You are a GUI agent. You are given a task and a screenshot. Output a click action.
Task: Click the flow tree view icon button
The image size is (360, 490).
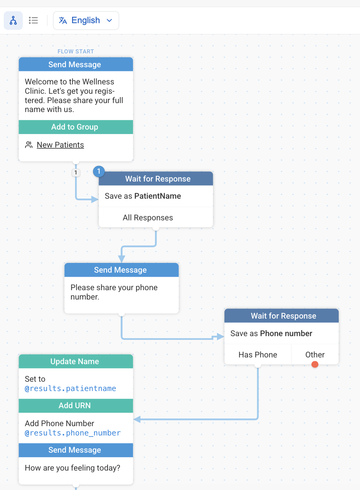[x=13, y=20]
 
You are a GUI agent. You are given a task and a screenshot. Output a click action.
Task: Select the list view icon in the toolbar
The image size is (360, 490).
[x=33, y=20]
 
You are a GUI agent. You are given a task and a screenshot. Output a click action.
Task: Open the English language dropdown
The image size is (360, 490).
[x=86, y=20]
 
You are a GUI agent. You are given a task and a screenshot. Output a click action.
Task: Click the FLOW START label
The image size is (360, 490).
[x=76, y=52]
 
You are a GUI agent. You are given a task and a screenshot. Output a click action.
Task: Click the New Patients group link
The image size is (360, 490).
[x=60, y=145]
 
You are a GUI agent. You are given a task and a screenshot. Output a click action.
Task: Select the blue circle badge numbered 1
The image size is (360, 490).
[x=99, y=171]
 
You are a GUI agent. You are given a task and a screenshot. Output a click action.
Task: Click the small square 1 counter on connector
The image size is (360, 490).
[x=76, y=173]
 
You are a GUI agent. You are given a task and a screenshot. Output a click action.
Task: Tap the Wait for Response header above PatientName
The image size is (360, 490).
[x=156, y=179]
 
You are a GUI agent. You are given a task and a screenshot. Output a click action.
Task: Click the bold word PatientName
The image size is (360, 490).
[x=158, y=196]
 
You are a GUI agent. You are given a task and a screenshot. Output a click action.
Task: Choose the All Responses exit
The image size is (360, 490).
[x=148, y=218]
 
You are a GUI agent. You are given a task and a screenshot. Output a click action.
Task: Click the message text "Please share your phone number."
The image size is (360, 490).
[x=114, y=292]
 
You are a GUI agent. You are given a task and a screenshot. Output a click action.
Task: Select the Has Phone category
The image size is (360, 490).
[x=258, y=354]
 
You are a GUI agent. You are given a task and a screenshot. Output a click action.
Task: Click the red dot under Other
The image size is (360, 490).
[x=315, y=365]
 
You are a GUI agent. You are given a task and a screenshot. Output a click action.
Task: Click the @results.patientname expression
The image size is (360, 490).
[x=71, y=388]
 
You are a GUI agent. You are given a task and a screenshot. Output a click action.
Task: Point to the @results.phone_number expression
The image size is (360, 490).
[x=72, y=433]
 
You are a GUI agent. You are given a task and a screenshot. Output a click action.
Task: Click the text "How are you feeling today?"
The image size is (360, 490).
[x=72, y=468]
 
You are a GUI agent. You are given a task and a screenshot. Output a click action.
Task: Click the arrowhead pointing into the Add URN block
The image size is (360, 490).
[x=137, y=419]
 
